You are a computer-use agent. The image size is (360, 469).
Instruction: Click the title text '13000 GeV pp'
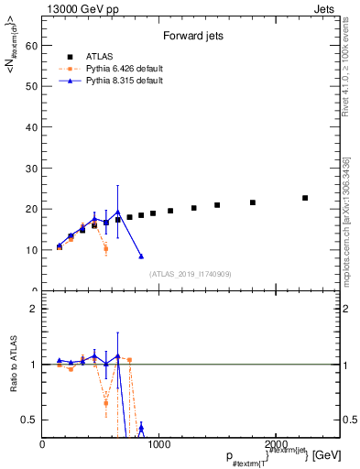[72, 7]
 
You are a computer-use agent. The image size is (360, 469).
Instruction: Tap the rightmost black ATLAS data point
[305, 198]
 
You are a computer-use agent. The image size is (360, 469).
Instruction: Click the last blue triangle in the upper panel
[141, 256]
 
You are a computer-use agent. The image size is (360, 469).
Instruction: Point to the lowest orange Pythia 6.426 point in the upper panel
[106, 248]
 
